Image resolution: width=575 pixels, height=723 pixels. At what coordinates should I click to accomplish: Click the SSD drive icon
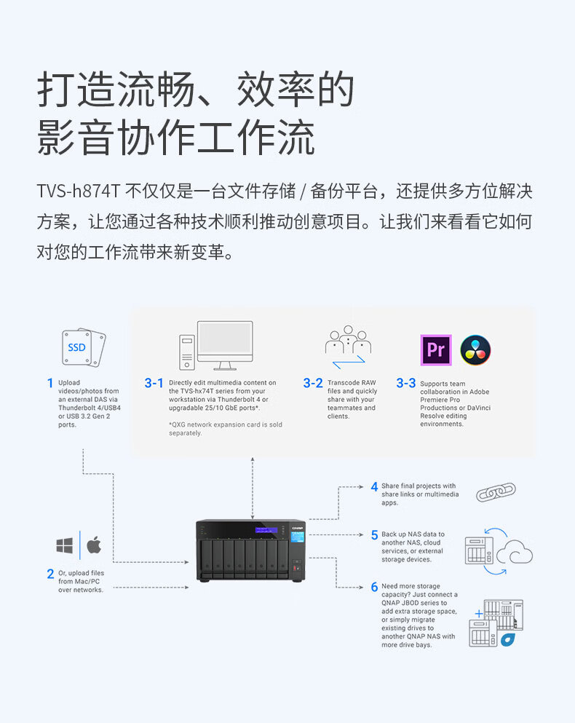click(x=84, y=347)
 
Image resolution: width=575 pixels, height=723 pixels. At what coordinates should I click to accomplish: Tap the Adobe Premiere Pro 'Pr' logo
click(x=436, y=350)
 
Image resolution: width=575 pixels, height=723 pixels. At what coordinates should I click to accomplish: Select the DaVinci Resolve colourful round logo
click(x=475, y=350)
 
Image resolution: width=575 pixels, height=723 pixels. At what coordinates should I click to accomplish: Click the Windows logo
click(x=65, y=545)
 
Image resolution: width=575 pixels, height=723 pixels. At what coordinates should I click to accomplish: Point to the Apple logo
click(x=94, y=545)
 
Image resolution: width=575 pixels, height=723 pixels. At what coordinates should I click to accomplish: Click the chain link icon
click(x=496, y=492)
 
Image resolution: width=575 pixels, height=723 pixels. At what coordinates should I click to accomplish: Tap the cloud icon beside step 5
click(x=514, y=551)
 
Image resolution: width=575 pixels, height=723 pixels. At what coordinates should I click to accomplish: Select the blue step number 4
click(x=374, y=487)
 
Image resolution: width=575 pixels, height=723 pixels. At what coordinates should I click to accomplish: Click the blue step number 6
click(x=374, y=587)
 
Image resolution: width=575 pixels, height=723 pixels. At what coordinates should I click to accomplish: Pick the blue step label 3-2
click(x=313, y=383)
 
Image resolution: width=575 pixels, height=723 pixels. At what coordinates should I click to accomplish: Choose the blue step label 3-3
click(x=405, y=383)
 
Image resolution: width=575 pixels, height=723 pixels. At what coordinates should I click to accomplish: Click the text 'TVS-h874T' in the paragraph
click(x=79, y=191)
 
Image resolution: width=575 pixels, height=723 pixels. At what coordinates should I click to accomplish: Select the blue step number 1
click(x=50, y=383)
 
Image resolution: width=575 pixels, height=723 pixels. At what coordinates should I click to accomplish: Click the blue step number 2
click(x=50, y=574)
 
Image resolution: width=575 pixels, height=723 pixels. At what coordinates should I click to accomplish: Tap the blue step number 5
click(x=374, y=535)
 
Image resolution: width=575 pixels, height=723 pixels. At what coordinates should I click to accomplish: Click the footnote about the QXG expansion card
click(x=226, y=429)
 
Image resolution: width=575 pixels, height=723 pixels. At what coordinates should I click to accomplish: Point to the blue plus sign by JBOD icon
click(x=479, y=614)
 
